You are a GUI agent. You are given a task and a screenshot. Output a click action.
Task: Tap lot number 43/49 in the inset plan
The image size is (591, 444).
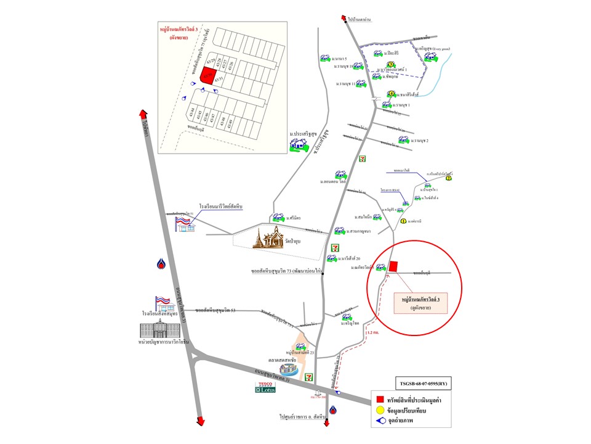click(x=231, y=123)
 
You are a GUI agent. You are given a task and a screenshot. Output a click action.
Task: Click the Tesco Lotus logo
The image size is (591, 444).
click(x=266, y=387)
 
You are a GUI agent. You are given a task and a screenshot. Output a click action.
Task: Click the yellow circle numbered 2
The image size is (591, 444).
click(x=449, y=179)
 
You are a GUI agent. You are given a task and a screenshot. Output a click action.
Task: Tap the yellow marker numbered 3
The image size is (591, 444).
click(x=390, y=65)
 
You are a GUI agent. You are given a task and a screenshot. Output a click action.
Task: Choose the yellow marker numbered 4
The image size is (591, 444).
click(x=390, y=94)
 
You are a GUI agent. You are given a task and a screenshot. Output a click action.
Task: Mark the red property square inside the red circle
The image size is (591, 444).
click(x=393, y=266)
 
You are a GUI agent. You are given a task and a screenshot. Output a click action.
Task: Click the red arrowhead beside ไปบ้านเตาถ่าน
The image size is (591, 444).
click(x=347, y=19)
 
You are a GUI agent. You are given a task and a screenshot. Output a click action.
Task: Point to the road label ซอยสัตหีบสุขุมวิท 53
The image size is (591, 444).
click(x=215, y=310)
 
